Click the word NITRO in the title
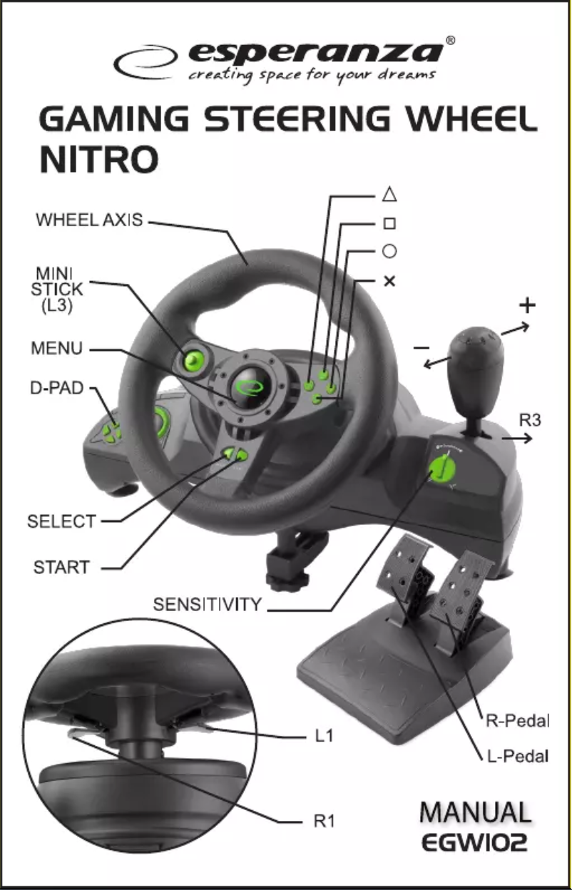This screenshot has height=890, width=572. pyautogui.click(x=99, y=160)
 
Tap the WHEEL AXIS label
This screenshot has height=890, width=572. pyautogui.click(x=89, y=220)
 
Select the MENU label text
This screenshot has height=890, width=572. pyautogui.click(x=56, y=349)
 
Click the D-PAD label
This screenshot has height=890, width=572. pyautogui.click(x=56, y=389)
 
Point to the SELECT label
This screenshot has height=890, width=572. pyautogui.click(x=61, y=521)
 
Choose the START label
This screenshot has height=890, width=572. pyautogui.click(x=62, y=568)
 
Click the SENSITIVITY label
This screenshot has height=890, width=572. pyautogui.click(x=208, y=605)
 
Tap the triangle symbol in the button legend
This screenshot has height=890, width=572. pyautogui.click(x=389, y=194)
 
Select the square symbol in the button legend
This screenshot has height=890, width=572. pyautogui.click(x=389, y=223)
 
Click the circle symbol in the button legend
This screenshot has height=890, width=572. pyautogui.click(x=389, y=252)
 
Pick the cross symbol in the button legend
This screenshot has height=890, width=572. pyautogui.click(x=389, y=281)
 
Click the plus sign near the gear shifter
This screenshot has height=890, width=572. pyautogui.click(x=526, y=306)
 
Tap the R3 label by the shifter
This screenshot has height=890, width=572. pyautogui.click(x=529, y=420)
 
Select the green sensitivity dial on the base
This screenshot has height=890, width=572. pyautogui.click(x=441, y=469)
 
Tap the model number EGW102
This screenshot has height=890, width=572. pyautogui.click(x=474, y=844)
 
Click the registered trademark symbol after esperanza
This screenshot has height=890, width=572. pyautogui.click(x=450, y=41)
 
